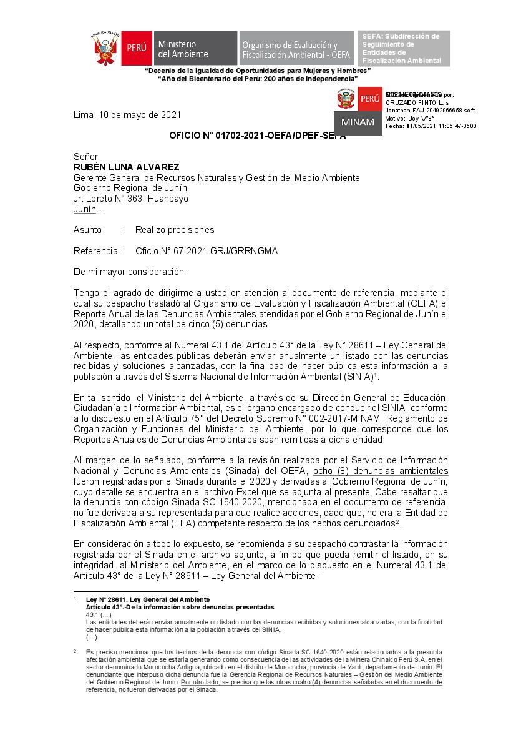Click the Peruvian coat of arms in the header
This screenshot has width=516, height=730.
(x=105, y=48)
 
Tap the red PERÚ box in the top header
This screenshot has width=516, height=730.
(x=136, y=48)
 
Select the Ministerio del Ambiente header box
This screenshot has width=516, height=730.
(x=195, y=48)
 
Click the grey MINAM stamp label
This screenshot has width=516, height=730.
(x=358, y=122)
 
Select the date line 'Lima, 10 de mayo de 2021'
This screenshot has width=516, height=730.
(x=127, y=115)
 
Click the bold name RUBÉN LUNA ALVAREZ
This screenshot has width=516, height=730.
(x=126, y=167)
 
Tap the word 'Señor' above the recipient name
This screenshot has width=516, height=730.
(x=86, y=157)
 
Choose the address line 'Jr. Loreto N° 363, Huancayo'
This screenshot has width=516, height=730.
(x=130, y=199)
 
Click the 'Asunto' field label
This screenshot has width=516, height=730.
(x=87, y=230)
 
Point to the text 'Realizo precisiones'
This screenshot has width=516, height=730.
(x=175, y=230)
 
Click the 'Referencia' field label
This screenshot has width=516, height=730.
(x=95, y=251)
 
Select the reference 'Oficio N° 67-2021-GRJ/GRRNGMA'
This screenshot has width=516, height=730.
(x=207, y=251)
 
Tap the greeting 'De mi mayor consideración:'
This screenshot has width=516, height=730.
(x=130, y=272)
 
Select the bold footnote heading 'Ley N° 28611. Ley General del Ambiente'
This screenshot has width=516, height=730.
(x=148, y=599)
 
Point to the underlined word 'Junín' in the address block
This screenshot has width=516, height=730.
(x=85, y=209)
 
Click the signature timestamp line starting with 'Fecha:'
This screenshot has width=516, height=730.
(x=431, y=126)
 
